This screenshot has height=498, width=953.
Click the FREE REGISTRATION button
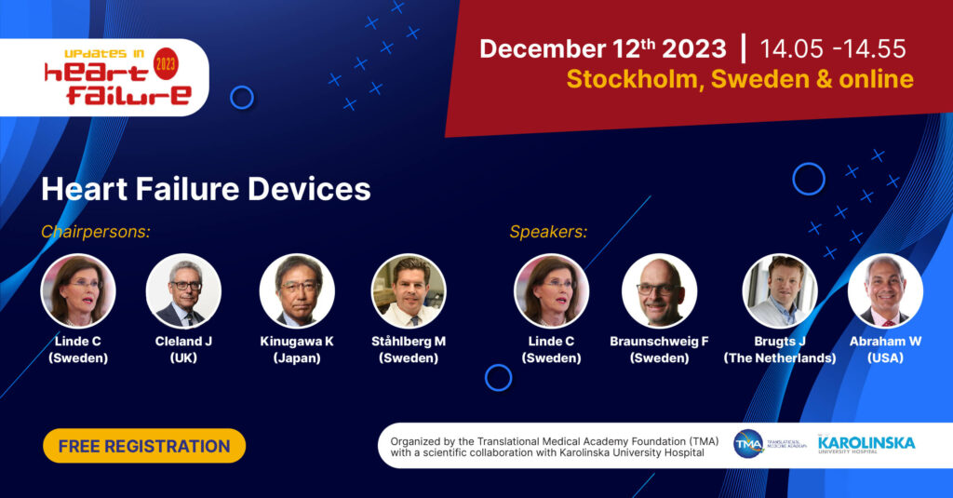tap(144, 446)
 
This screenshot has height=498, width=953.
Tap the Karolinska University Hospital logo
tap(866, 446)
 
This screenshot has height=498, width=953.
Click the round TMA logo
tap(748, 445)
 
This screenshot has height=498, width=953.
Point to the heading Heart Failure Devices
tap(206, 189)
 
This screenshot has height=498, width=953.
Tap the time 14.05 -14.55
tap(832, 48)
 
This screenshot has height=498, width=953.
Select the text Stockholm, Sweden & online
tap(740, 79)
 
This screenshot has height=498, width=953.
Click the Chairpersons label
tap(96, 232)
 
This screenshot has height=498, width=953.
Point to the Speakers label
tap(548, 232)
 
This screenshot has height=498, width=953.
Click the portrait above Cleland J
tap(183, 290)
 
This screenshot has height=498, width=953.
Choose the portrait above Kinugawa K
tap(297, 290)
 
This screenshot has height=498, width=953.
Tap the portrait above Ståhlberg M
tap(409, 290)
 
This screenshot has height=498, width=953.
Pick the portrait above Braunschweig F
tap(659, 290)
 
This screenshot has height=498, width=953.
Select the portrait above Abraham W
tap(885, 290)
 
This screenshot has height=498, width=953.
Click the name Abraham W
tap(885, 342)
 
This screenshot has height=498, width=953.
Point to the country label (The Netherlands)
tap(780, 358)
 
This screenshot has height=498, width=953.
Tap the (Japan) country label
tap(297, 358)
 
